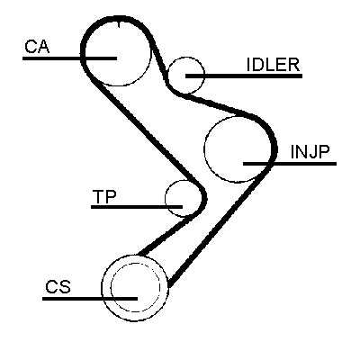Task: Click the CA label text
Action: [37, 47]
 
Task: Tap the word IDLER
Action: [273, 65]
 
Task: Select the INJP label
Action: [310, 152]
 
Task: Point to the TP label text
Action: [104, 196]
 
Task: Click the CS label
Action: [58, 286]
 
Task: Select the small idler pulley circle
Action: [186, 57]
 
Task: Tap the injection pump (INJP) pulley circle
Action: [204, 149]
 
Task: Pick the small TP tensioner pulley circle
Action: [166, 198]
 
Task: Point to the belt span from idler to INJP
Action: [214, 104]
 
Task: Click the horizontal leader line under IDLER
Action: [244, 76]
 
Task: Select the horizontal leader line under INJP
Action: [290, 164]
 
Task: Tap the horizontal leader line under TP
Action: [137, 207]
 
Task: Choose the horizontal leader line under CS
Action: [90, 299]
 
